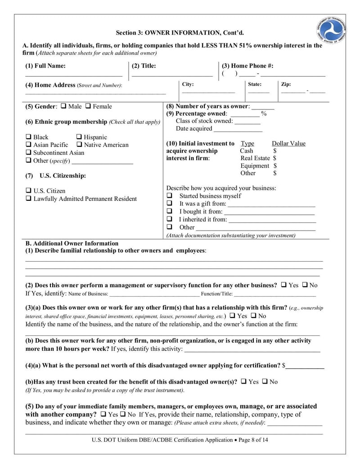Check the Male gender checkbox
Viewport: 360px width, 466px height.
pos(63,106)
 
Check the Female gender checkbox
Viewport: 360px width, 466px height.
pos(88,106)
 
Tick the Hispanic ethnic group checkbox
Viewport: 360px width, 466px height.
pos(79,137)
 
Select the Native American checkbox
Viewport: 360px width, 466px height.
pos(79,145)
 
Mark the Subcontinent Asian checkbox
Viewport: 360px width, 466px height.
pos(29,153)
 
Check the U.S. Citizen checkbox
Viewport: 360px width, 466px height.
pos(29,191)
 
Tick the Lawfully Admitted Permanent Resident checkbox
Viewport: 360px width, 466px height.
pos(29,199)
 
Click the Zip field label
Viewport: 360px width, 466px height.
pos(286,84)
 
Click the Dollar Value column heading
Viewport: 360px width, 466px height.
pos(288,144)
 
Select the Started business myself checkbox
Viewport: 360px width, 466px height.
pos(170,196)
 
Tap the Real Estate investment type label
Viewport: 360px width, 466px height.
pos(255,158)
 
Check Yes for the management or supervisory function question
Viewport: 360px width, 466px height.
pos(284,285)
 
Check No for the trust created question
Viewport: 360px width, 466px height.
pos(265,381)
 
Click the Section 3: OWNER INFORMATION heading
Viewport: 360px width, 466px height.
pos(180,32)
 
